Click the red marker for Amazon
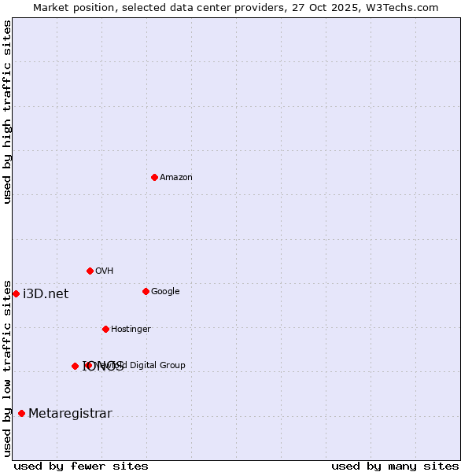point(154,177)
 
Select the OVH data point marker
point(90,271)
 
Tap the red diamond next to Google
point(146,291)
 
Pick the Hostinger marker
point(105,329)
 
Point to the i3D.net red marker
point(16,293)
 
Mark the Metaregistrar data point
point(21,414)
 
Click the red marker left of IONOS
point(75,366)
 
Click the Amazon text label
point(176,177)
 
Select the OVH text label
point(105,271)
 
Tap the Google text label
point(165,291)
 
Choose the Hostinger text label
point(131,329)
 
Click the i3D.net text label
point(46,294)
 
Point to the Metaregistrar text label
point(70,414)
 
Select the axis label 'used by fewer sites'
point(81,466)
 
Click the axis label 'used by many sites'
point(395,466)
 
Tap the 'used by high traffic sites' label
point(7,112)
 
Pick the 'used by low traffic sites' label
point(7,367)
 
